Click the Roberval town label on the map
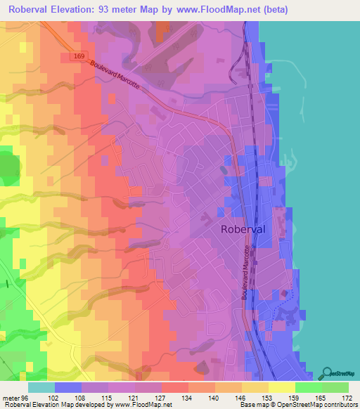pos(243,228)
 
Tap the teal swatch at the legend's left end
pos(41,387)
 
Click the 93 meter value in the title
pos(131,10)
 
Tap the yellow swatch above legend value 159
pos(282,387)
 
